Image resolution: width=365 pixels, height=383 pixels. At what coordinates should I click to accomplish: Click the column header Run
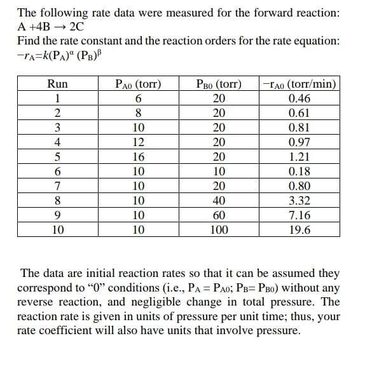57,83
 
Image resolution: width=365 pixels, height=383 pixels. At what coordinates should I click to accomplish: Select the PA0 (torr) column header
138,83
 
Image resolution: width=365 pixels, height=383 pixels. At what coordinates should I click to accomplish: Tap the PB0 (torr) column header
219,83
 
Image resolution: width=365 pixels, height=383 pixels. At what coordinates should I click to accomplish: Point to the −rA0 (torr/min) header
299,83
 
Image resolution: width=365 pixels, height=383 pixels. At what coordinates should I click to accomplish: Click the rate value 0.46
299,98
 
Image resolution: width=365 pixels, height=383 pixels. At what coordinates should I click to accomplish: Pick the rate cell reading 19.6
299,229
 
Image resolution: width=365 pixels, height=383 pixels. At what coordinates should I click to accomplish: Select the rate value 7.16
299,215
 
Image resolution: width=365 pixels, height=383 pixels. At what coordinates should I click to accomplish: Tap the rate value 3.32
299,200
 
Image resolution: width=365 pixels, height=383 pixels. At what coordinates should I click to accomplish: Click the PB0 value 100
219,229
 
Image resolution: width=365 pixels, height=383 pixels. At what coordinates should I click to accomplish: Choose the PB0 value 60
219,215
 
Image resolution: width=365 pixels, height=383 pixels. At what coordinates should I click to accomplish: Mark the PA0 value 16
138,156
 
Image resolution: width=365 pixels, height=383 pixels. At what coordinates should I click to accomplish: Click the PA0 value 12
138,142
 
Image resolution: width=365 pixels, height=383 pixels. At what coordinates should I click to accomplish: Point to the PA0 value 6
138,98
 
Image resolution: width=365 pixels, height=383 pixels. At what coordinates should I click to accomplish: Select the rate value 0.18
299,171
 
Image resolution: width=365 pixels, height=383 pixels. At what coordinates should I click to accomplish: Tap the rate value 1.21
299,156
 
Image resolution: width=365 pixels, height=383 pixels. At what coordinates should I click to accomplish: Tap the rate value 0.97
299,142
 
